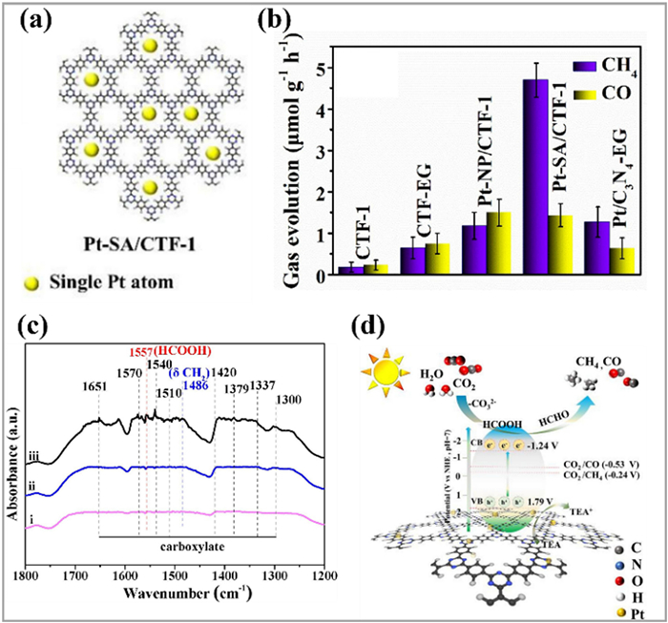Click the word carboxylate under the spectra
187,547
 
